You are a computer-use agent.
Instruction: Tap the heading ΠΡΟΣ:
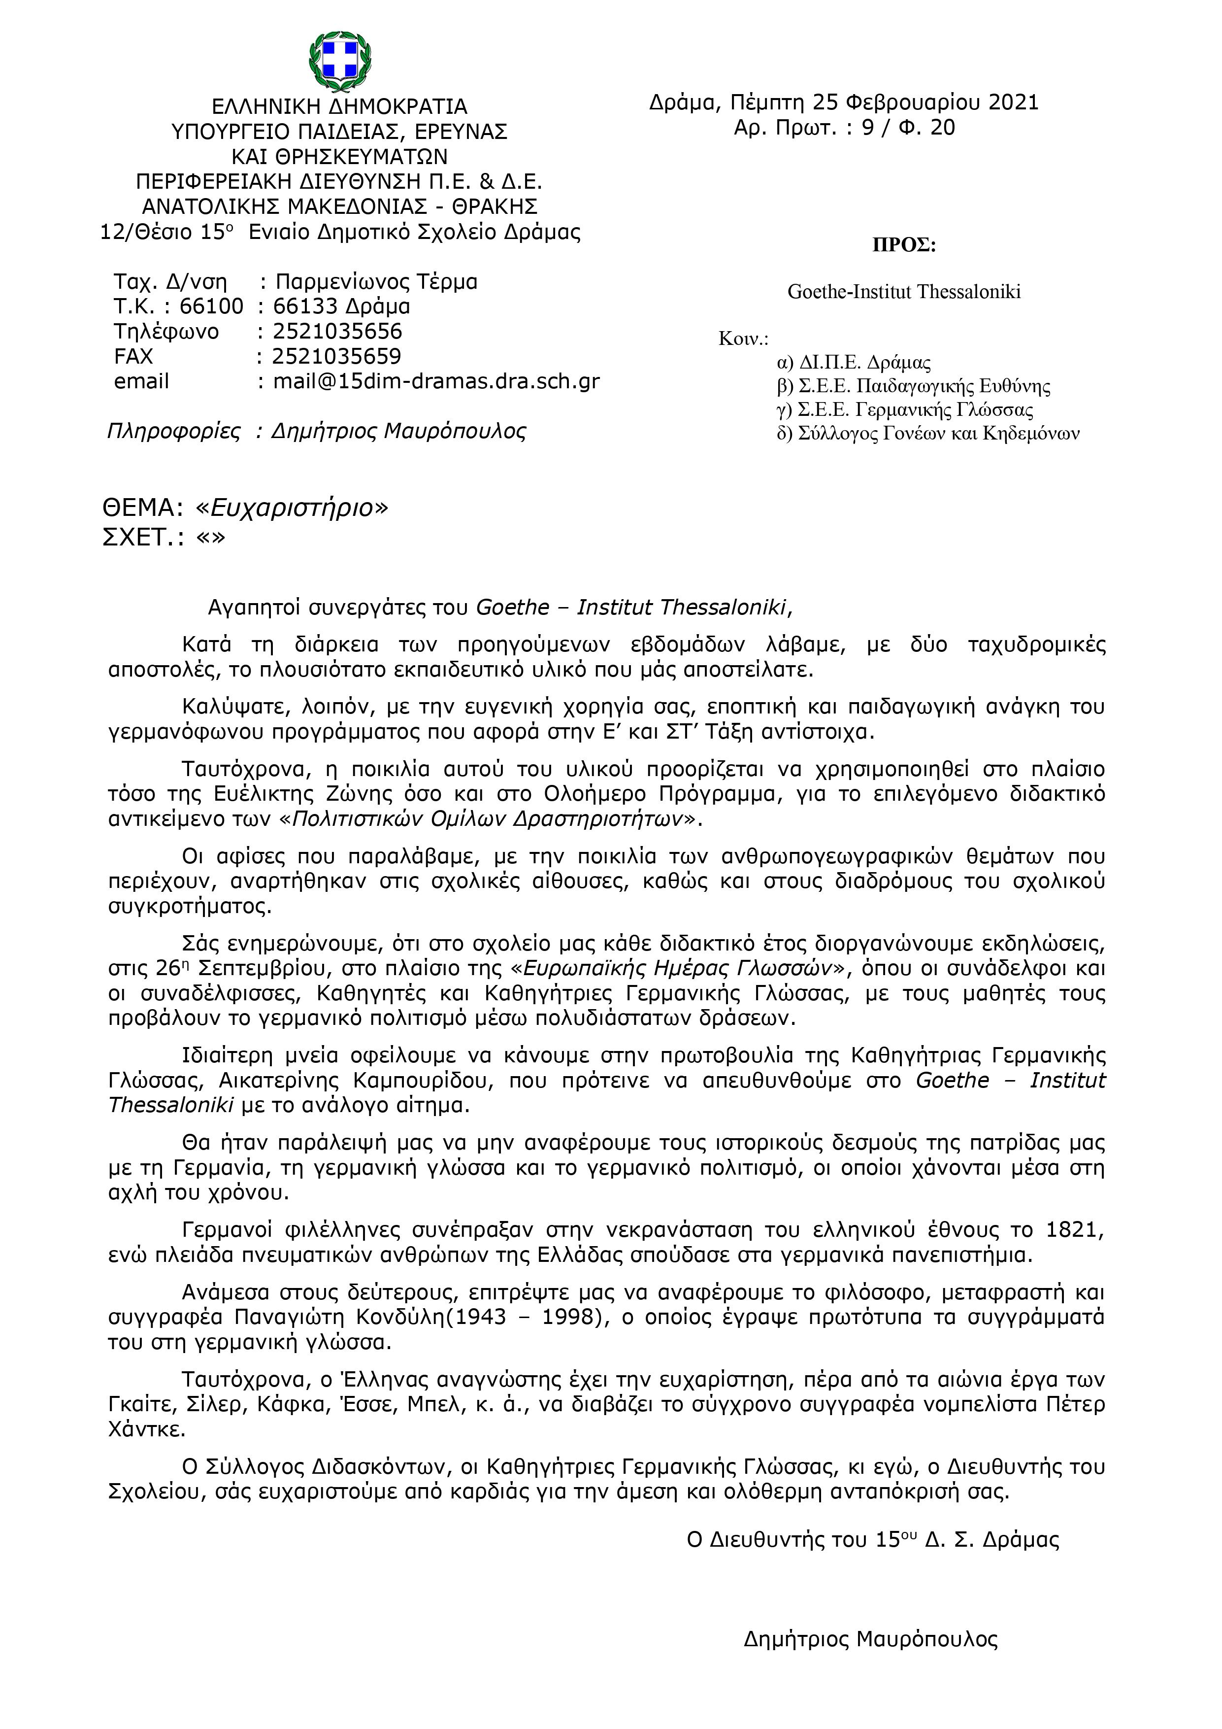[x=903, y=246]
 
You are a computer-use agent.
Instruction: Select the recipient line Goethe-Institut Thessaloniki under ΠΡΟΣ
[x=903, y=291]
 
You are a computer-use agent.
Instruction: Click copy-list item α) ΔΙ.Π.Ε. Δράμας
[x=854, y=363]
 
